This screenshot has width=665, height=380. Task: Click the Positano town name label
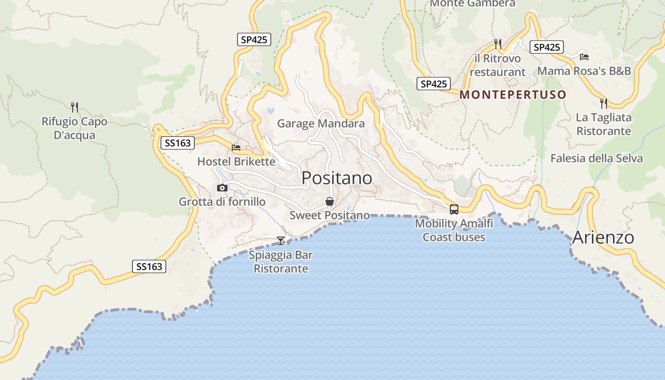point(337,178)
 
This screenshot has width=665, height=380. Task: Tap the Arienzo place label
point(603,237)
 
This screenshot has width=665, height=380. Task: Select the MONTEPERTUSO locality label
point(513,95)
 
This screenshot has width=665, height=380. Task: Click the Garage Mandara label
point(321,123)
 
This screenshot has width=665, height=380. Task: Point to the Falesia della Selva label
point(597,158)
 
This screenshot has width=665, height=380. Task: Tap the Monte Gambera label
point(472,3)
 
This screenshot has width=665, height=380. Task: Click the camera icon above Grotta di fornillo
point(222,188)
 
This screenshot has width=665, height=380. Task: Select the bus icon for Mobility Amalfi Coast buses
point(454,209)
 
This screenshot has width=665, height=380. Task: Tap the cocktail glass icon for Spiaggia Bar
point(281,240)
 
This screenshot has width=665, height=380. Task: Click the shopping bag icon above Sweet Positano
point(330,201)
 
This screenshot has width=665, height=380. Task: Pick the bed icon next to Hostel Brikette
point(236,148)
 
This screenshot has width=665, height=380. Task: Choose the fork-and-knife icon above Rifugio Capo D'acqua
point(75,107)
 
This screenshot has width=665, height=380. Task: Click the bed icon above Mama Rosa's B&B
point(584,57)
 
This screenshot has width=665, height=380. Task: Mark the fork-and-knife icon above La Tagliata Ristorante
point(604,103)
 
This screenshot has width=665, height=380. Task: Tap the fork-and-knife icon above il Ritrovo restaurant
point(498,44)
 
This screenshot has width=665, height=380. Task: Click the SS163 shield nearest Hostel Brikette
point(178,143)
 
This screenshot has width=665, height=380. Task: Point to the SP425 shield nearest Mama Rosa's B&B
point(547,47)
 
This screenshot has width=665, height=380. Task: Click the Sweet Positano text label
point(330,215)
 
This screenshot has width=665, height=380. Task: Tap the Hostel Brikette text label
point(236,161)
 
